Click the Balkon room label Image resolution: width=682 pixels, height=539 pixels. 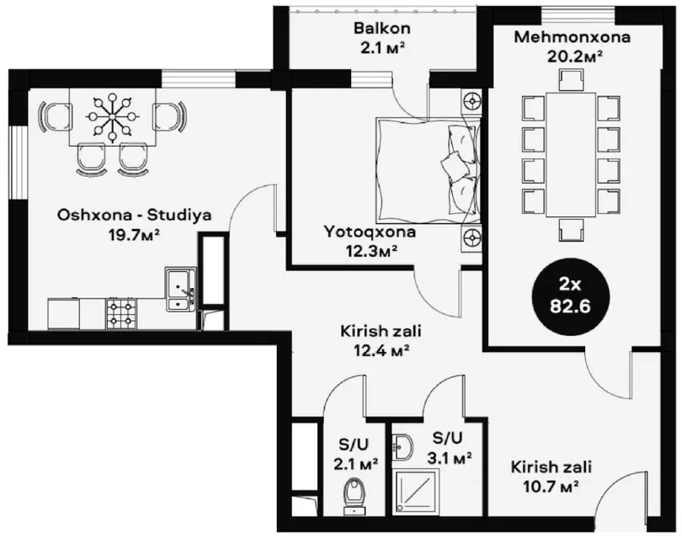point(381,29)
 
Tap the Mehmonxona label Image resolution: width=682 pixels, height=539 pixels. point(572,37)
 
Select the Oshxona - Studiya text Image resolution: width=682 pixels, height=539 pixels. point(135,215)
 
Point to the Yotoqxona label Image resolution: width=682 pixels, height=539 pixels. point(370,232)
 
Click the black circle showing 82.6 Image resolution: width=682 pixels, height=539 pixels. point(570,297)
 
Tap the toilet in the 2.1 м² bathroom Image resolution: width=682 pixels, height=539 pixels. point(355,496)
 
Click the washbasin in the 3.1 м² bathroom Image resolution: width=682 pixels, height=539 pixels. point(402,447)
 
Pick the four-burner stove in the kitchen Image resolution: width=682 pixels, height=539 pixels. point(121,313)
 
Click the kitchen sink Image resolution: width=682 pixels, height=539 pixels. point(180,289)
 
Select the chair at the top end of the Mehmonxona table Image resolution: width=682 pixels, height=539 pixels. point(571,81)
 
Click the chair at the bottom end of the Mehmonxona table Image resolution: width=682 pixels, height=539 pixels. point(571,230)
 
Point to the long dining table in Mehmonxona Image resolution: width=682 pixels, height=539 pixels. point(571,155)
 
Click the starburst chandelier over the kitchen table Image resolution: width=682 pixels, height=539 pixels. point(112,116)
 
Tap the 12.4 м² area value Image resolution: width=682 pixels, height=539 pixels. point(381,350)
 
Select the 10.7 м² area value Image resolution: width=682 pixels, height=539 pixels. point(551,486)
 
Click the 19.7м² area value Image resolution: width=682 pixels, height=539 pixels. point(135,235)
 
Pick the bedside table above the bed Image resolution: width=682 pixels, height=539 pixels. point(472,102)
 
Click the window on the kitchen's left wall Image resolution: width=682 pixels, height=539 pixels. point(19,163)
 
